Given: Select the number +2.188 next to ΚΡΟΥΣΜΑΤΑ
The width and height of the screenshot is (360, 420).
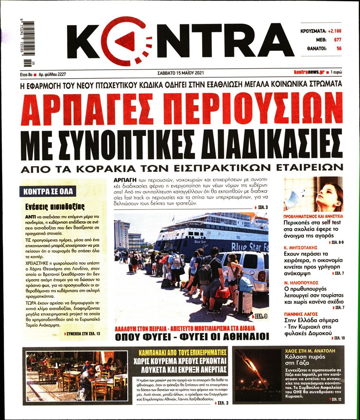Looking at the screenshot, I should click(334, 31).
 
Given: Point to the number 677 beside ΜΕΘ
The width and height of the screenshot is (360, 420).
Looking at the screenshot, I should click(337, 40).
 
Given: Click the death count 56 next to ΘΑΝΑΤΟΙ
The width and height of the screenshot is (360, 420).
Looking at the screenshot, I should click(339, 49).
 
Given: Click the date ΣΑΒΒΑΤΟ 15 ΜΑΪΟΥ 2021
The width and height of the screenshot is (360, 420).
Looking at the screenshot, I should click(181, 73).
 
